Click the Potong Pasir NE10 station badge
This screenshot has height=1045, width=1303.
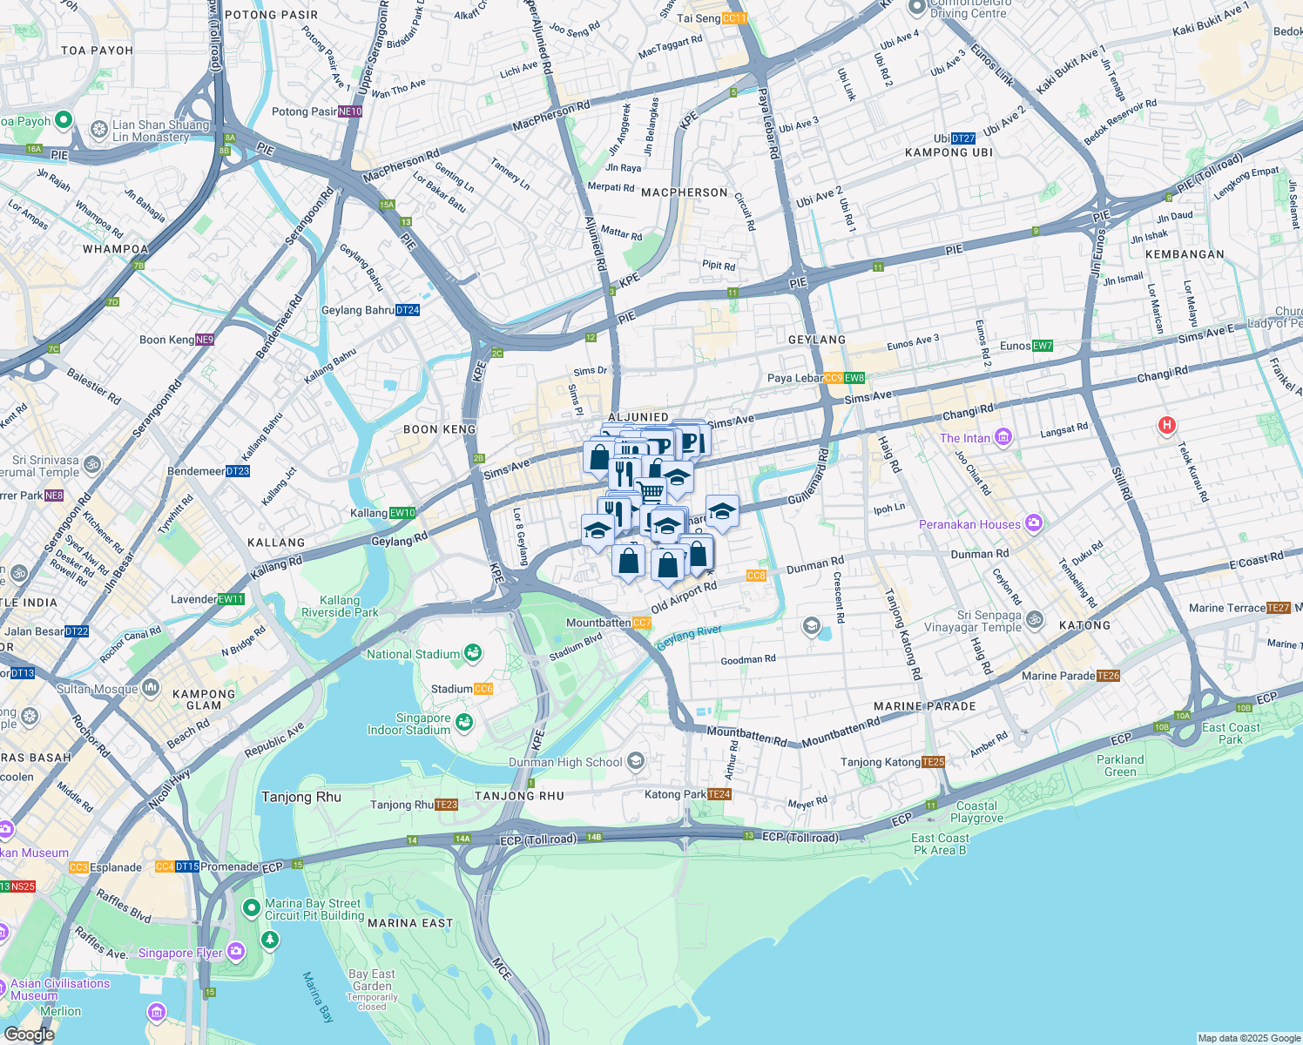pyautogui.click(x=349, y=111)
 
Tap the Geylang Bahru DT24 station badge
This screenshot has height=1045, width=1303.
pyautogui.click(x=408, y=310)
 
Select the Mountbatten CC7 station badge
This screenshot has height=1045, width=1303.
pyautogui.click(x=642, y=623)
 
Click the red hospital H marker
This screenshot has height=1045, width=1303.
pyautogui.click(x=1166, y=425)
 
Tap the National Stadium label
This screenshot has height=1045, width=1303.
pyautogui.click(x=413, y=654)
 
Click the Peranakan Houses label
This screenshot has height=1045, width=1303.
pyautogui.click(x=969, y=524)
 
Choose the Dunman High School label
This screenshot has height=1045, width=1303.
pyautogui.click(x=565, y=762)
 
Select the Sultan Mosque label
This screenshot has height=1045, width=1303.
pyautogui.click(x=98, y=689)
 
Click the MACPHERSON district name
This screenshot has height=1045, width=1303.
pyautogui.click(x=685, y=192)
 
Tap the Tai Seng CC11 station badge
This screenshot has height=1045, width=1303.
pyautogui.click(x=735, y=18)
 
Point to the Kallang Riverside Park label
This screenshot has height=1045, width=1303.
pyautogui.click(x=340, y=606)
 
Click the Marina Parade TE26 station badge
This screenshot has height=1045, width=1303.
pyautogui.click(x=1109, y=676)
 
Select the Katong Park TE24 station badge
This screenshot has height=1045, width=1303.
pyautogui.click(x=719, y=794)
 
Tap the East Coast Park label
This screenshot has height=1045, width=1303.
pyautogui.click(x=1231, y=733)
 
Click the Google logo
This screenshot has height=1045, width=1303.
pyautogui.click(x=29, y=1035)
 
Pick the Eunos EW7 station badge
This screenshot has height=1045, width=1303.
pyautogui.click(x=1043, y=346)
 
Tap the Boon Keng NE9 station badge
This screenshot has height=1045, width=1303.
pyautogui.click(x=205, y=340)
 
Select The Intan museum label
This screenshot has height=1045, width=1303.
pyautogui.click(x=965, y=438)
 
